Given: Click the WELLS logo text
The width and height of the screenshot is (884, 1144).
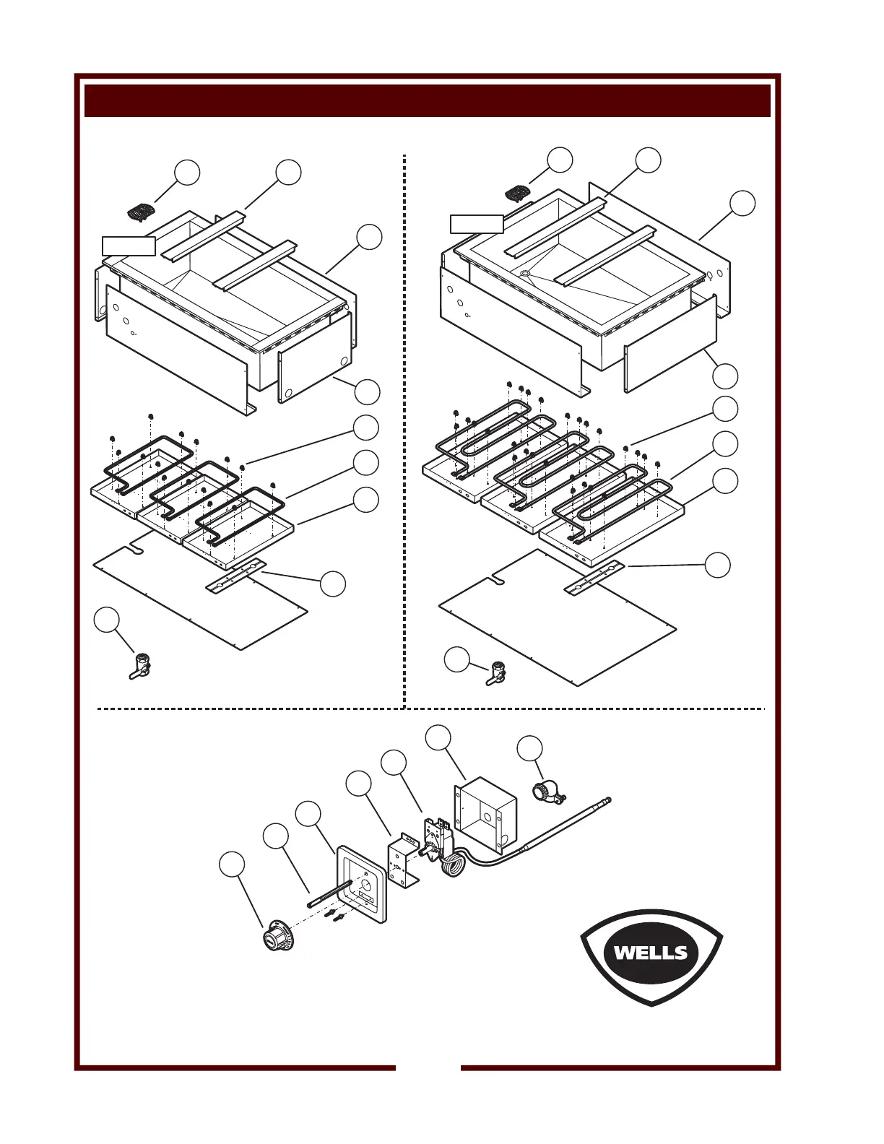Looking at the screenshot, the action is point(651,953).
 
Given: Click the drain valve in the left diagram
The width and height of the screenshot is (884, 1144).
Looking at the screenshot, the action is point(139,666).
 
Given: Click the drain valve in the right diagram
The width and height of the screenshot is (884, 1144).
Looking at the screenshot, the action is point(495,673).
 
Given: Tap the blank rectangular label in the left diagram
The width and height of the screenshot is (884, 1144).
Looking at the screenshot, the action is point(129,246).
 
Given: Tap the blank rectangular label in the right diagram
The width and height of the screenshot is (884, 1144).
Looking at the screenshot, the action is point(477,224).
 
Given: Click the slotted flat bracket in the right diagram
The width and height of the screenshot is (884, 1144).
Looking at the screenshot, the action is point(594,578).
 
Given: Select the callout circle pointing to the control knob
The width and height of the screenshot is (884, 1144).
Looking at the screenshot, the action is point(232,865).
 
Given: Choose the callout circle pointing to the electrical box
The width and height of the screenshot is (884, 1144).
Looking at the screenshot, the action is point(438,738).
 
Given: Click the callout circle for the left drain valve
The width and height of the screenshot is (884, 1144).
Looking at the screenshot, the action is point(106,620).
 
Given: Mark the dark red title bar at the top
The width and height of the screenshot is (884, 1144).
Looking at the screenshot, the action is point(428,100).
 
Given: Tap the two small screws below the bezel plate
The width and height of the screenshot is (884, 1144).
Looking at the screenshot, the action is point(335,916).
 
